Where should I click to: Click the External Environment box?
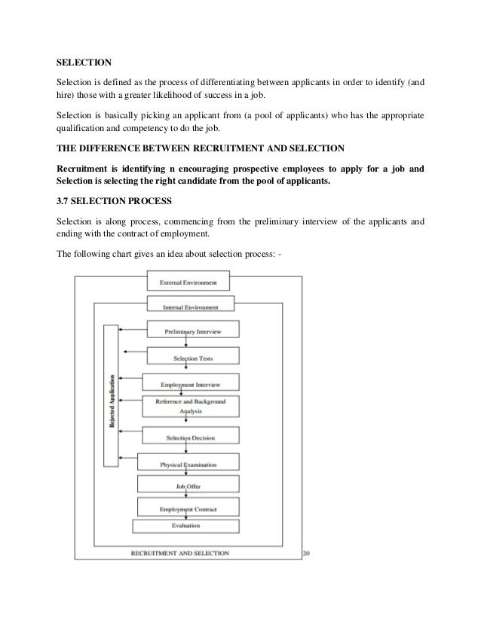click(188, 282)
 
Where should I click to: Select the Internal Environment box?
click(191, 306)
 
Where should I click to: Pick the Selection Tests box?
click(193, 358)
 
